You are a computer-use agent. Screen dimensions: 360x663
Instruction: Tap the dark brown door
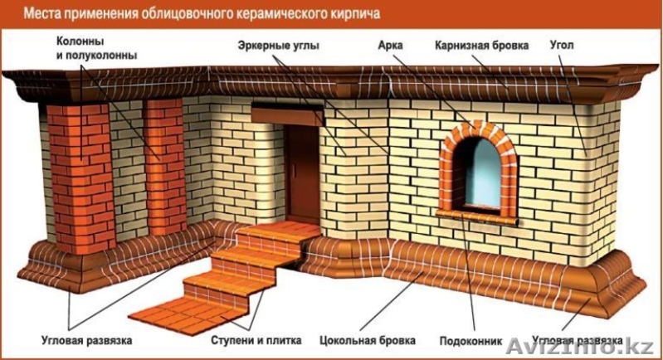pos(304,174)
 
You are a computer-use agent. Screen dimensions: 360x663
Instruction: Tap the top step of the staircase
pos(274,235)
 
